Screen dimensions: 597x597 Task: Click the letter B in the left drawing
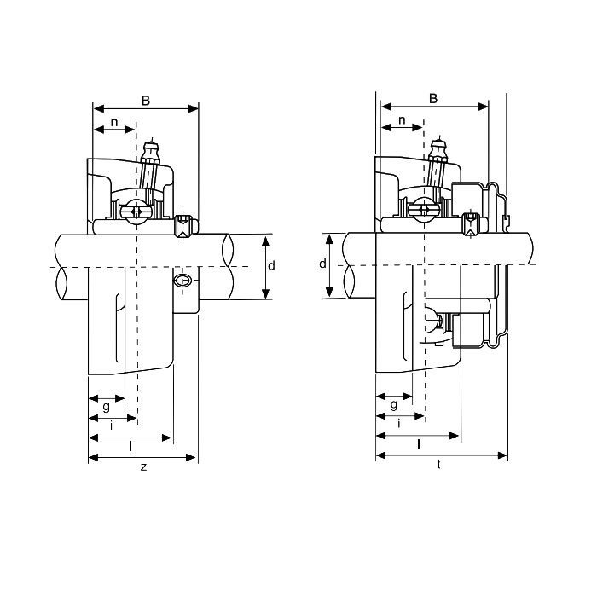(146, 101)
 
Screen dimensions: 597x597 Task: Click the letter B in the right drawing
(433, 99)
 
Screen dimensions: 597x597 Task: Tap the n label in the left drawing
(114, 123)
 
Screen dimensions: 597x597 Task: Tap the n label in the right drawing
(402, 121)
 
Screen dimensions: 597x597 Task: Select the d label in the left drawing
(271, 266)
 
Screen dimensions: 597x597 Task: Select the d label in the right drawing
(322, 264)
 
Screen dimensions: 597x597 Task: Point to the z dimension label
(143, 467)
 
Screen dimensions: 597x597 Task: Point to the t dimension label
(439, 465)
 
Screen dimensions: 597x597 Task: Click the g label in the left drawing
(107, 407)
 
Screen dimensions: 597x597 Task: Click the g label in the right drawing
(394, 405)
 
